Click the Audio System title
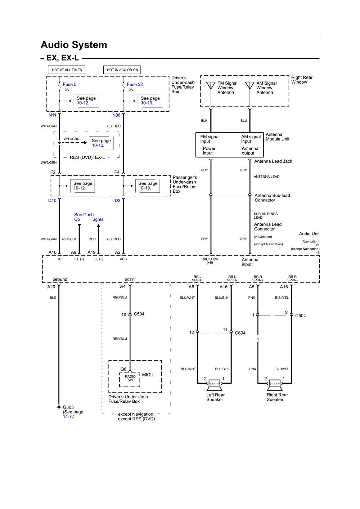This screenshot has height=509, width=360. [x=74, y=45]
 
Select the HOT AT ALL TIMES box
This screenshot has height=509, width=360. [x=67, y=70]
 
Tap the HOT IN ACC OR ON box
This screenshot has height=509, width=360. [x=122, y=70]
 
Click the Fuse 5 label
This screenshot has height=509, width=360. [x=69, y=84]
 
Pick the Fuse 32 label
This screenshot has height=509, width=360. [x=135, y=84]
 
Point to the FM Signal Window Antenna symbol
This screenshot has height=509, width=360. [x=211, y=85]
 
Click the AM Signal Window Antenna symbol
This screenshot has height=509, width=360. [x=250, y=85]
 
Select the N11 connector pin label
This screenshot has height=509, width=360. [x=53, y=115]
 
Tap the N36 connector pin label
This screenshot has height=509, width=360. [x=116, y=115]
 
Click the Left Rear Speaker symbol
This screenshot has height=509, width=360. [x=215, y=385]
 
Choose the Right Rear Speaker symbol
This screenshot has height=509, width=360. [x=275, y=385]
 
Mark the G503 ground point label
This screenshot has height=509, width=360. [x=68, y=407]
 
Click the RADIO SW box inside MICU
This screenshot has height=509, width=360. [x=130, y=378]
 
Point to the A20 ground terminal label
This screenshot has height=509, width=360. [x=51, y=287]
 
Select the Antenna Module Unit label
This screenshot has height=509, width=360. [x=277, y=137]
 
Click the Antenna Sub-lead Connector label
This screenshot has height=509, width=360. [x=272, y=198]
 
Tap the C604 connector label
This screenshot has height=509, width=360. [x=240, y=333]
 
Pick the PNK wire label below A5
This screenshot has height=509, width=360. [x=252, y=298]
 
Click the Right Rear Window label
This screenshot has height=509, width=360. [x=302, y=80]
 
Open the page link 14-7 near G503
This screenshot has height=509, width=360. [x=68, y=416]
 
